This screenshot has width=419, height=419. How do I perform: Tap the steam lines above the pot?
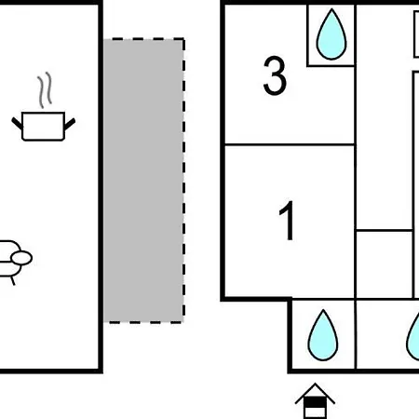click(x=45, y=90)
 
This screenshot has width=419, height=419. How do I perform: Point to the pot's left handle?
click(x=17, y=123)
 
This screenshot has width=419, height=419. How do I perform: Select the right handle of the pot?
click(x=70, y=124)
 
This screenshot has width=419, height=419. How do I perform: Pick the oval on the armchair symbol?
click(x=21, y=258)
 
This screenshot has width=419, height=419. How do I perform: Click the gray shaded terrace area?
click(x=143, y=181)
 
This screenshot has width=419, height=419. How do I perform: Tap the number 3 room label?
click(x=275, y=75)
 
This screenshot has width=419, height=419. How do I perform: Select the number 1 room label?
click(x=288, y=220)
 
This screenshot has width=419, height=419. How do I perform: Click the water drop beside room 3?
click(x=331, y=34)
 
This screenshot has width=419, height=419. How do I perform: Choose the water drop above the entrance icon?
click(x=323, y=335)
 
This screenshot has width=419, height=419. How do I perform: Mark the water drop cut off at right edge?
click(x=413, y=337)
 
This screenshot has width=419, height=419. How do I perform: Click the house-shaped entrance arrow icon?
click(x=315, y=401)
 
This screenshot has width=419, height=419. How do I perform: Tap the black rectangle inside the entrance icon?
click(x=315, y=402)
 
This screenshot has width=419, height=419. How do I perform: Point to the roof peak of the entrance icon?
click(x=315, y=384)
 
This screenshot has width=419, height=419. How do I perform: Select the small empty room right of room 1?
click(x=385, y=264)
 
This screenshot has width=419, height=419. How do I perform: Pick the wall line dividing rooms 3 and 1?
click(x=290, y=144)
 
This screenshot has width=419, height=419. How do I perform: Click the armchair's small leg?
click(x=13, y=281)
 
